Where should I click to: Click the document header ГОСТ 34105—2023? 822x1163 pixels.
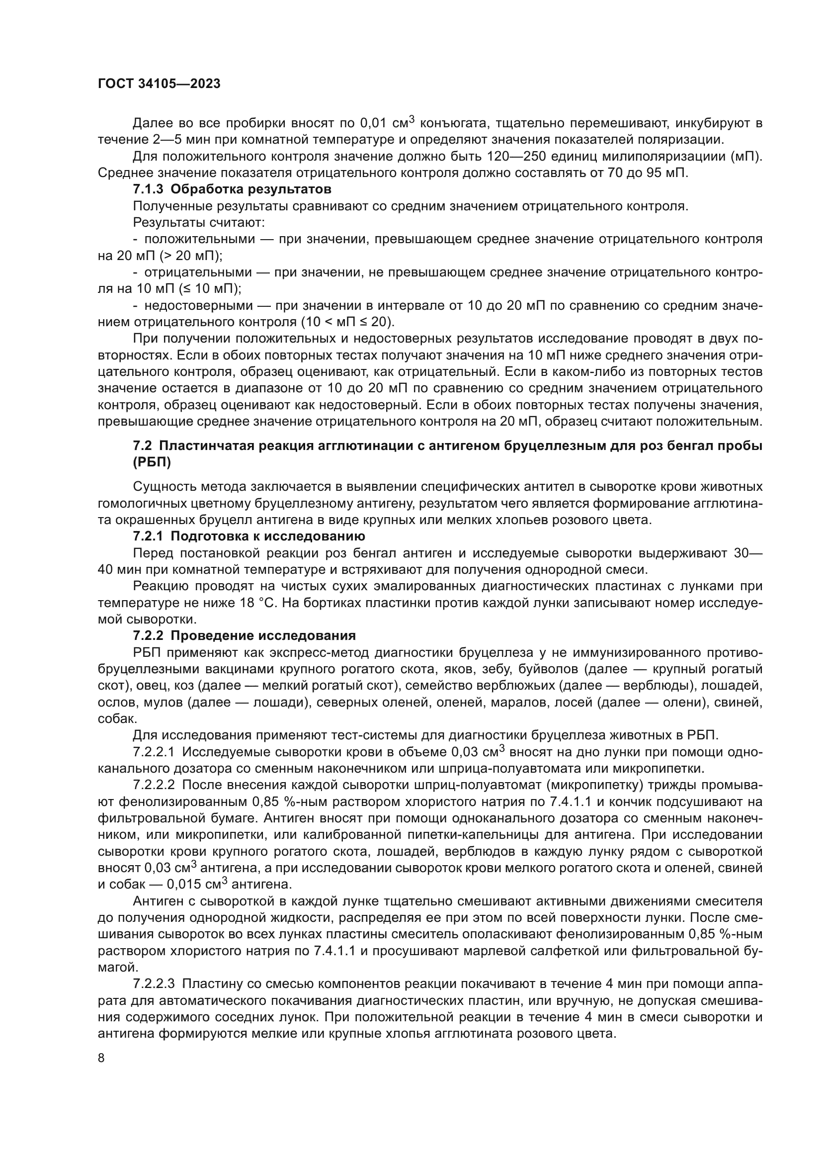[159, 84]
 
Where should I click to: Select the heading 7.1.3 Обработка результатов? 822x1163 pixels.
[232, 189]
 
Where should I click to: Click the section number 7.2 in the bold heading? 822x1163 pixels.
[142, 446]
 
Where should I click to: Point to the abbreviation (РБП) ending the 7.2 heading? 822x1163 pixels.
[152, 462]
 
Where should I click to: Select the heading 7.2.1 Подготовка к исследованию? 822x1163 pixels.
[248, 536]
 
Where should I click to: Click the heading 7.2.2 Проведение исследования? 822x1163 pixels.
[244, 636]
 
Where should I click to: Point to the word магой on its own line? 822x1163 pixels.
[114, 968]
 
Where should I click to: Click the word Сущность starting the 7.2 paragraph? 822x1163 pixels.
[164, 487]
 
